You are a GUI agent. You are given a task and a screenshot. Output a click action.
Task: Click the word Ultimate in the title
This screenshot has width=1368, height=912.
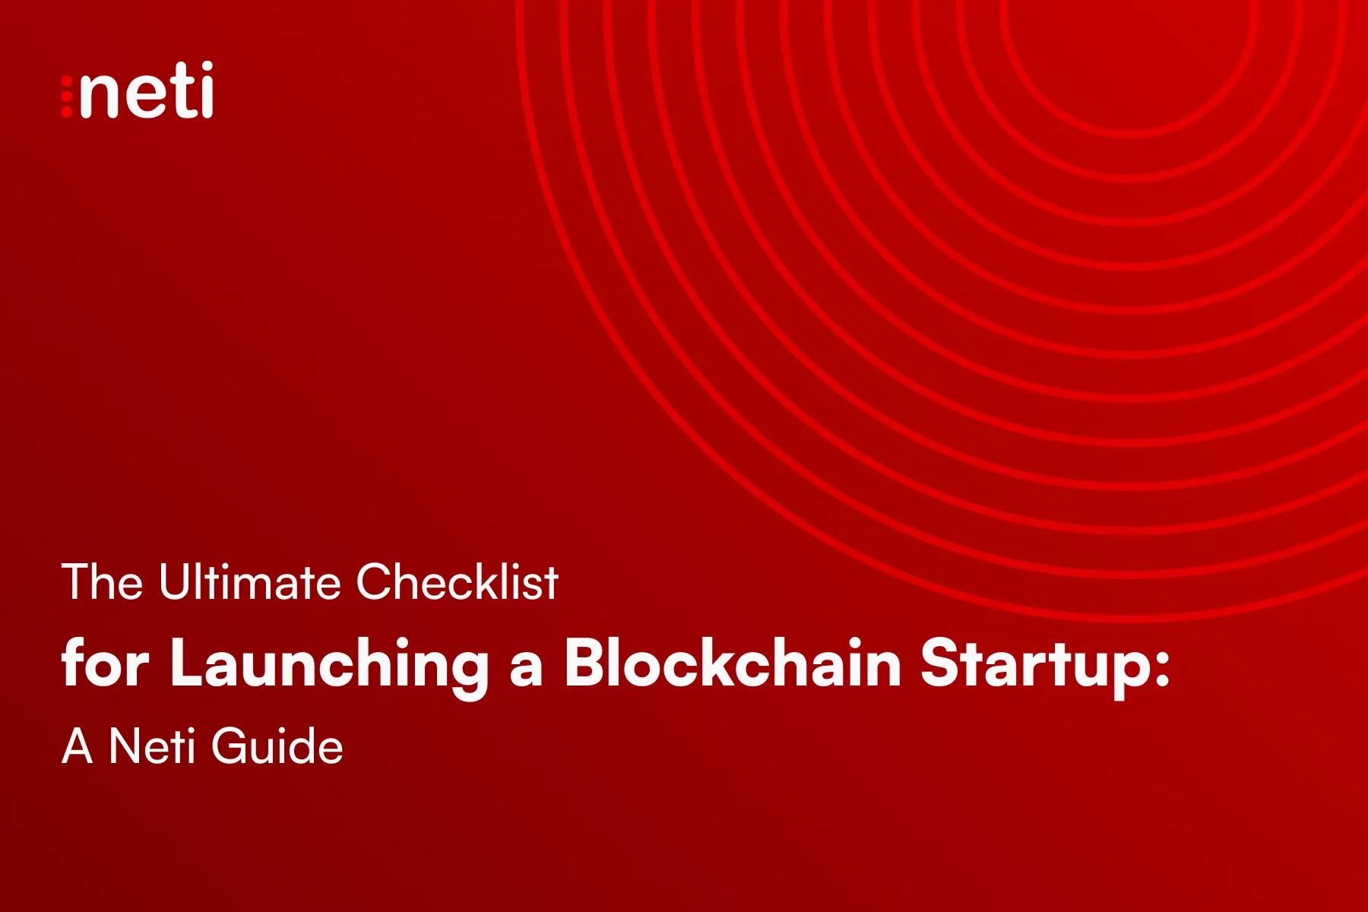coord(250,582)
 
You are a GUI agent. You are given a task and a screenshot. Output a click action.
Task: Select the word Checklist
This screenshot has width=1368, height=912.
coord(458,582)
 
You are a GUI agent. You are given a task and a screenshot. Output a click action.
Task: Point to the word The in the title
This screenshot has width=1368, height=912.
coord(102,582)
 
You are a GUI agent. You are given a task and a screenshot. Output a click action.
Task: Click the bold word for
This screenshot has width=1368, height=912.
coord(106,663)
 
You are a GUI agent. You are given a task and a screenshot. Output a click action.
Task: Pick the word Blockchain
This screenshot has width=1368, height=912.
coord(733,663)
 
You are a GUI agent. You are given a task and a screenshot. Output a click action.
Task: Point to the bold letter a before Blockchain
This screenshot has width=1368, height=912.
coord(526,669)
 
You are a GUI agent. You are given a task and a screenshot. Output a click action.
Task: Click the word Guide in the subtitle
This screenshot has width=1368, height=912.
coord(277,746)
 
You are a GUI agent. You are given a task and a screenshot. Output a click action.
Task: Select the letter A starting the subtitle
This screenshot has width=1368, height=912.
coord(78,746)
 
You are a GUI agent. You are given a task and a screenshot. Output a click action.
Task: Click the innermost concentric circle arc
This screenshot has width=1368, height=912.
coord(1130,134)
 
